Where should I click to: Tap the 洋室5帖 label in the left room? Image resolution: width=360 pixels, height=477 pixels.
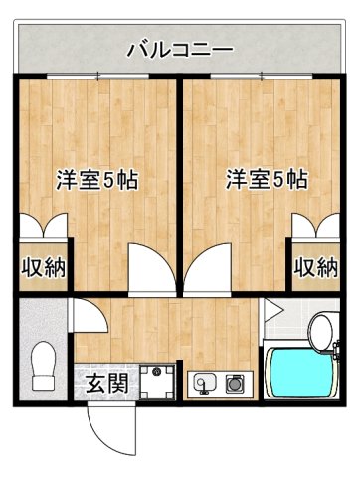click(95, 181)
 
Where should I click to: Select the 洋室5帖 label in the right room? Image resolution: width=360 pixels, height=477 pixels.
click(266, 181)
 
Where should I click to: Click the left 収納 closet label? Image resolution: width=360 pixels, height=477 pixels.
click(40, 267)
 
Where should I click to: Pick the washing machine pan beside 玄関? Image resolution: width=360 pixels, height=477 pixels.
click(157, 381)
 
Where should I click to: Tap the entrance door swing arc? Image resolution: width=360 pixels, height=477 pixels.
click(105, 427)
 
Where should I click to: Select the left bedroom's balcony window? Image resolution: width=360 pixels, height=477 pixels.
click(95, 78)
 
